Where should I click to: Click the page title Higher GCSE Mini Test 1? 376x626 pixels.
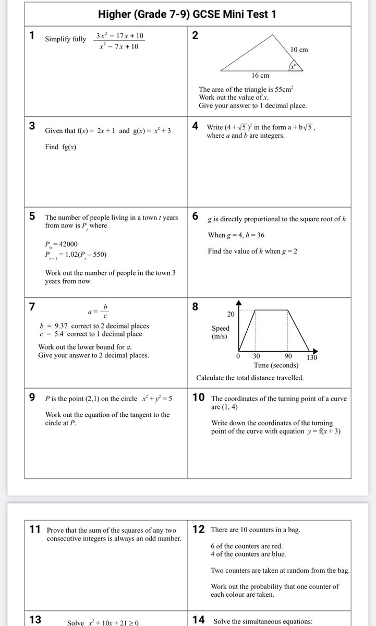188,15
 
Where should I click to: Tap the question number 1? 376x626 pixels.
32,36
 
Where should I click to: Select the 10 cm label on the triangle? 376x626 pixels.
299,50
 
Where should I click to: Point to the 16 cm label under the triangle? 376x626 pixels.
260,76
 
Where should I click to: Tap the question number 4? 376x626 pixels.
195,126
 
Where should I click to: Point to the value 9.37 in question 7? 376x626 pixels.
59,326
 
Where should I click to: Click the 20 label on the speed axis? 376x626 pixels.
230,314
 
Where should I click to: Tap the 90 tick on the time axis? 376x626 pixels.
288,356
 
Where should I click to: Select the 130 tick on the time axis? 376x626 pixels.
311,357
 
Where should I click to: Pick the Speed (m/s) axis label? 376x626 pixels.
220,333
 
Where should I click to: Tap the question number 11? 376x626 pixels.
35,529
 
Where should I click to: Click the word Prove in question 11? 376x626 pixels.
56,530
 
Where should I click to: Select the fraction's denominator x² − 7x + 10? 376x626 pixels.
119,47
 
